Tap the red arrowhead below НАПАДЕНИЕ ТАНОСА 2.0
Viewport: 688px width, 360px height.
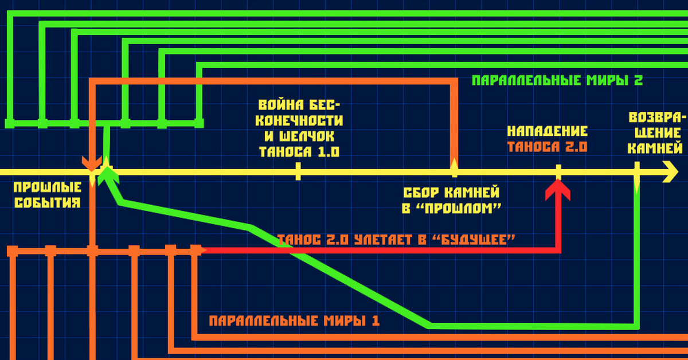558,189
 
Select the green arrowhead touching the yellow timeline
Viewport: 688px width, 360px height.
106,174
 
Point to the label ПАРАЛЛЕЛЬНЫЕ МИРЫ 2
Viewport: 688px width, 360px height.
557,80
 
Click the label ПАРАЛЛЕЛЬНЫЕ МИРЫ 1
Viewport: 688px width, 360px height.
294,320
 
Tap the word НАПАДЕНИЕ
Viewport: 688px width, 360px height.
548,131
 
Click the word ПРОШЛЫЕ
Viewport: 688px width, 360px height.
44,187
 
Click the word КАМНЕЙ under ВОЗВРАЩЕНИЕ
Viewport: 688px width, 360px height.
655,147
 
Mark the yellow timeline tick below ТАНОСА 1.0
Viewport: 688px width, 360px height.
298,171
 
